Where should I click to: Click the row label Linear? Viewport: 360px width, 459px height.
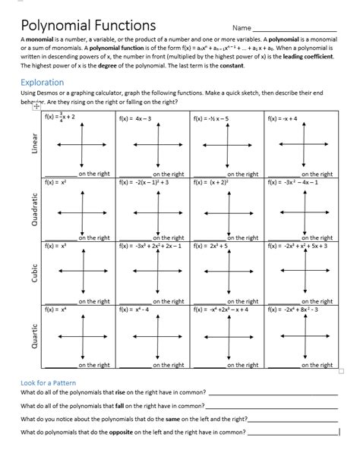(x=33, y=145)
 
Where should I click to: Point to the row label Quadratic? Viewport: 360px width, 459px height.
(x=33, y=209)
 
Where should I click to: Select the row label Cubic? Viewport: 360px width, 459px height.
(x=33, y=273)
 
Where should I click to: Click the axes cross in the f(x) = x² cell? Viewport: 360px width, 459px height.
(x=81, y=211)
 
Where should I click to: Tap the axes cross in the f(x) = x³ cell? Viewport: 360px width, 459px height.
(x=81, y=275)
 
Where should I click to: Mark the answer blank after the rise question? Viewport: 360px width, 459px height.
(x=272, y=395)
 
